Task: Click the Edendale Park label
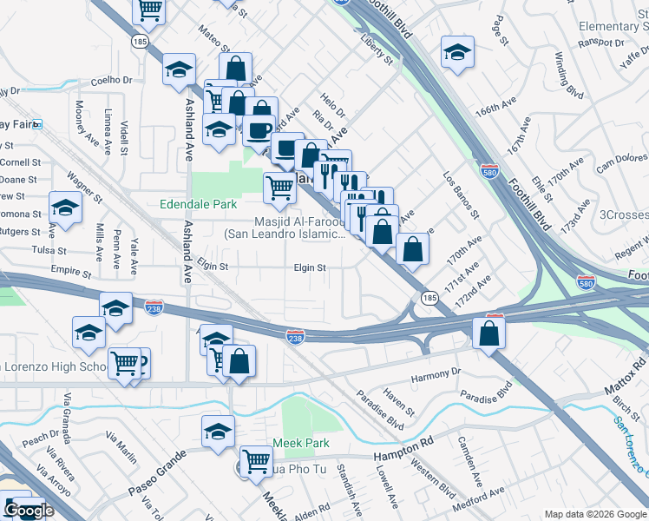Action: pos(199,205)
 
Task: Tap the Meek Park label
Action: pos(301,443)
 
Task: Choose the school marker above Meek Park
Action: pos(219,430)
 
